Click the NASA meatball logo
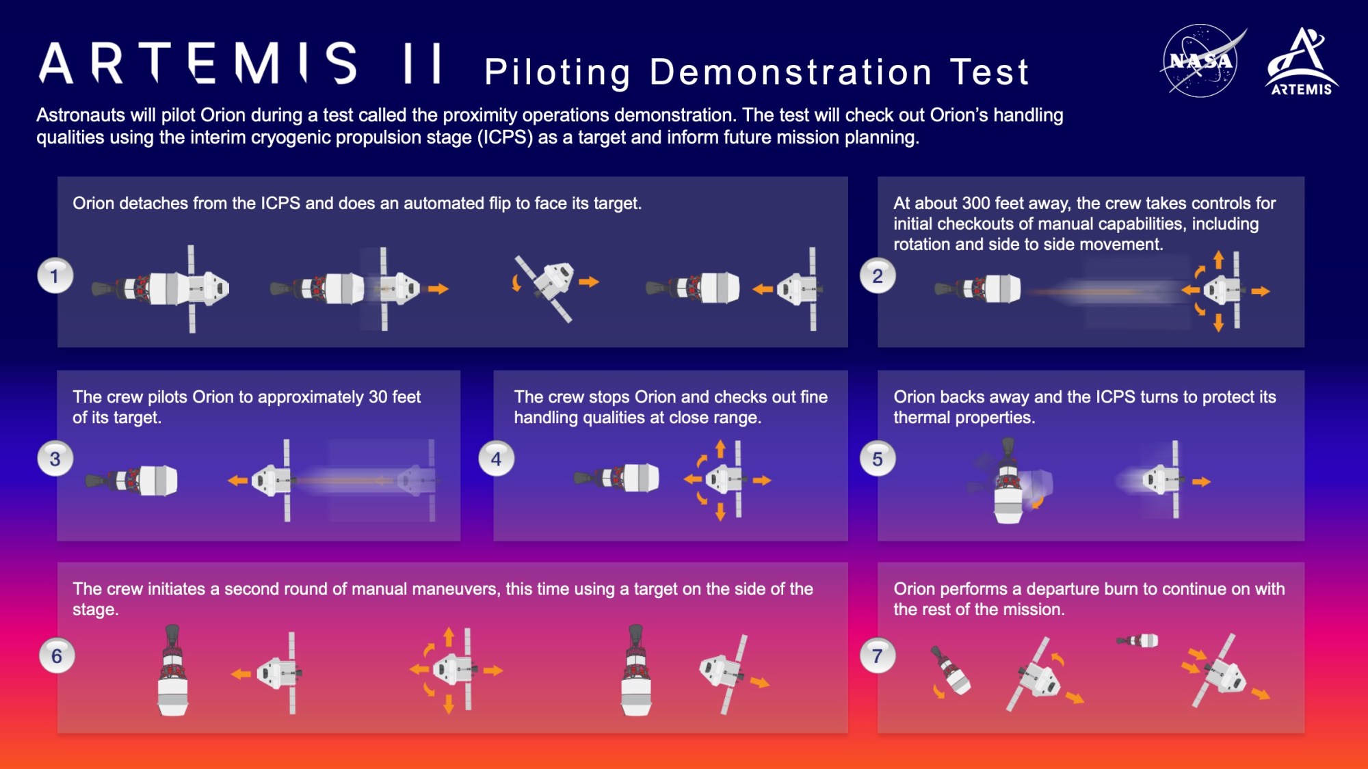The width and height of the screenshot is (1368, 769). point(1200,61)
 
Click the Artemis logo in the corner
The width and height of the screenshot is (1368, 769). point(1302,62)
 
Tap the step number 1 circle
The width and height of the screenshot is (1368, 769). point(55,276)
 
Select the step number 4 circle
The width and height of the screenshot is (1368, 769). point(496,459)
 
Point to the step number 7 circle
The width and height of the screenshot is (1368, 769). point(878,656)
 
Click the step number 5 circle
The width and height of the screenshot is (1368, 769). point(878,459)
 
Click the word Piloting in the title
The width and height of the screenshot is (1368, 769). point(557,72)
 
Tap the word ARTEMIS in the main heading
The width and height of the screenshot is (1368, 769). point(198,63)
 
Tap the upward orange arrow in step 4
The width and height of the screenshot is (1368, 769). point(720,448)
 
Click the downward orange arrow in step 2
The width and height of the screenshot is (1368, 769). point(1218,323)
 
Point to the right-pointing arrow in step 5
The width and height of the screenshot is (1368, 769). point(1201,482)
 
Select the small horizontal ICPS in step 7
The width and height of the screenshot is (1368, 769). point(1138,640)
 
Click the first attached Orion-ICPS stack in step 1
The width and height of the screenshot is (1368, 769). point(161,288)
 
